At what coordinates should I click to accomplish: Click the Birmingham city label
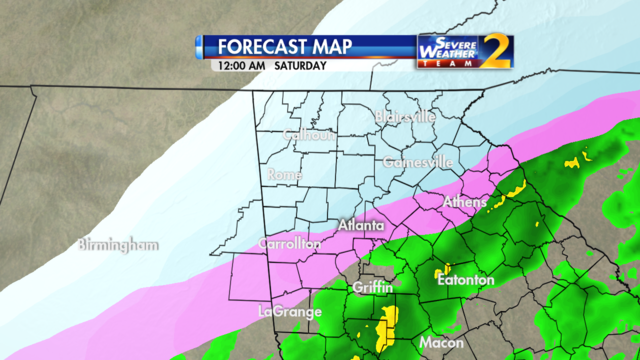click(x=120, y=244)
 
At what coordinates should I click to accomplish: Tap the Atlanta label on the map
click(x=361, y=227)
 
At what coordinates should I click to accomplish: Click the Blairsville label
click(x=405, y=117)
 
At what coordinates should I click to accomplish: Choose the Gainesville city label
click(x=418, y=161)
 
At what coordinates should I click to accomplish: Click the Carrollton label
click(x=290, y=243)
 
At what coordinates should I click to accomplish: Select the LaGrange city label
click(x=289, y=311)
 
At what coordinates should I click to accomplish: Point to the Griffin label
click(x=373, y=288)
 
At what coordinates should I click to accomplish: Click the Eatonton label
click(x=466, y=280)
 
